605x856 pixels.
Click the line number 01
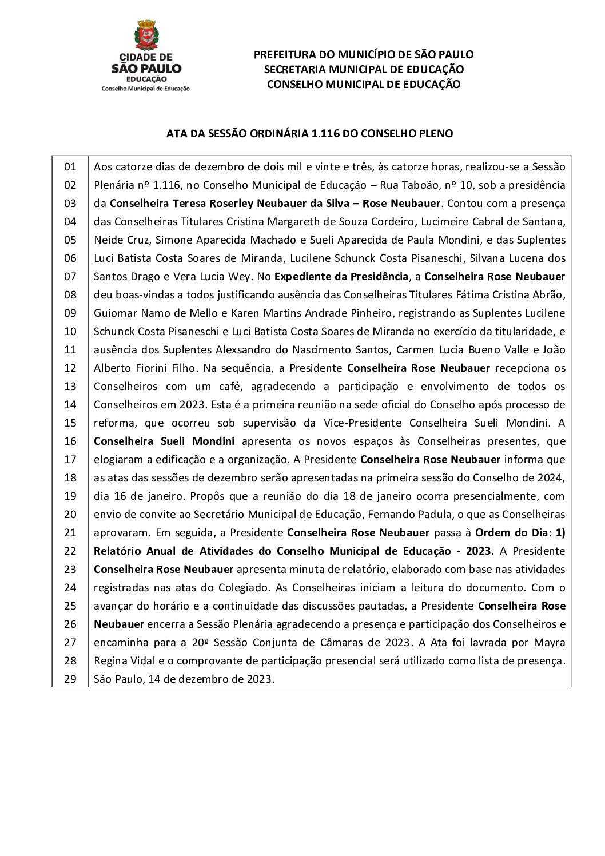tap(70, 167)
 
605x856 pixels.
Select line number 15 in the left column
tap(70, 423)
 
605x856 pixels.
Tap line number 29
tap(70, 679)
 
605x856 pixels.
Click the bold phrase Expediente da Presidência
tap(341, 277)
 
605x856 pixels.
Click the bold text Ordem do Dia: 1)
tap(520, 533)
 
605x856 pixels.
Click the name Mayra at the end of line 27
tap(550, 643)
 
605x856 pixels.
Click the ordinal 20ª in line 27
tap(200, 643)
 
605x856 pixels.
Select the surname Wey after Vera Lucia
tap(241, 277)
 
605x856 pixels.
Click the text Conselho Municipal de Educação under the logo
tap(145, 89)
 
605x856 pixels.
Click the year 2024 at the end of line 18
tap(552, 478)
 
